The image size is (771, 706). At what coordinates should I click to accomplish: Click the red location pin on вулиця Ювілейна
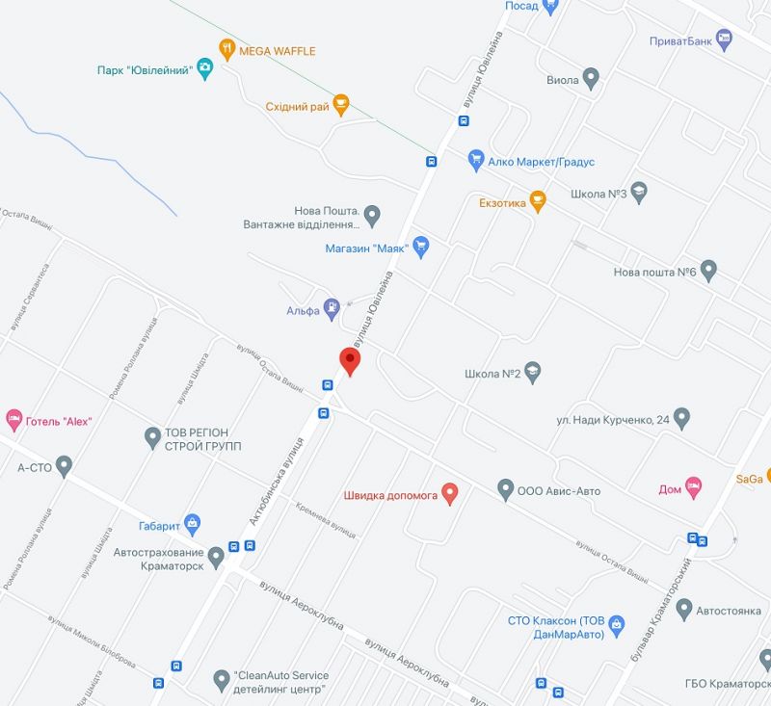[x=351, y=360]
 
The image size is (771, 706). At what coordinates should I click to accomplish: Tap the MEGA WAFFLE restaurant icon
[x=226, y=48]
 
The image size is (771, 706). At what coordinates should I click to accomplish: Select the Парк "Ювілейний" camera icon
[x=204, y=67]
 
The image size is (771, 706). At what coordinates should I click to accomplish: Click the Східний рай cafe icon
[x=340, y=104]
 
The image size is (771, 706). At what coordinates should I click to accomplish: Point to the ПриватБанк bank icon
[x=724, y=39]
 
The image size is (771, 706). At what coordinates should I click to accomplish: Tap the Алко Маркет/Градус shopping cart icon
[x=475, y=160]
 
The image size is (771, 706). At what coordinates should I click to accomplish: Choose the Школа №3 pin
[x=638, y=192]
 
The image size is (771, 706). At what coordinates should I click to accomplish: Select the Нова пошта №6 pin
[x=708, y=271]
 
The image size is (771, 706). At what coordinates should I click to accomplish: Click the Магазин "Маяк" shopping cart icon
[x=419, y=246]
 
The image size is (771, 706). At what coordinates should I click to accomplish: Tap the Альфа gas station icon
[x=332, y=308]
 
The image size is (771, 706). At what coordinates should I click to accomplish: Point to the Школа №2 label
[x=492, y=373]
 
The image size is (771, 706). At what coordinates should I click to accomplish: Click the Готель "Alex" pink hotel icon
[x=13, y=419]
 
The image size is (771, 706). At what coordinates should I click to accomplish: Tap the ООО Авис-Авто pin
[x=506, y=489]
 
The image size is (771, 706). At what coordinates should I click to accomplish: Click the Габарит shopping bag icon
[x=193, y=524]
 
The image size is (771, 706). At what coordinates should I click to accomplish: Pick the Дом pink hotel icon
[x=692, y=486]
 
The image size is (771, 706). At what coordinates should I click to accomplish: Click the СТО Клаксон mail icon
[x=617, y=626]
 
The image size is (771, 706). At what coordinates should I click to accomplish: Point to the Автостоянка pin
[x=684, y=609]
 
